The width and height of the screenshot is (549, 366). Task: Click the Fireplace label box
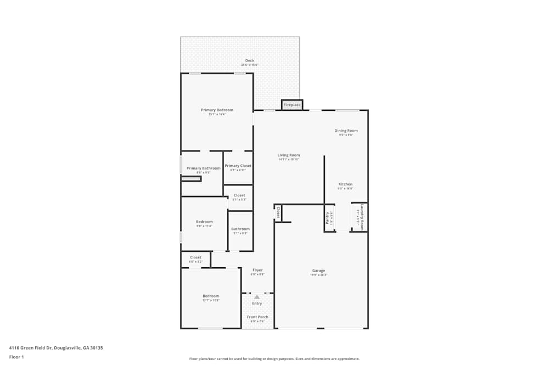[292, 105]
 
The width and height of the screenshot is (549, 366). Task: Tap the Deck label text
[250, 60]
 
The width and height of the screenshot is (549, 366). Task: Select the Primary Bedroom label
[217, 110]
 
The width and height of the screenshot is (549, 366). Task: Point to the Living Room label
[289, 155]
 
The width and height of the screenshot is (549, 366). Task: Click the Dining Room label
[346, 131]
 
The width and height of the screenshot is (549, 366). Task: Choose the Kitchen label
[345, 184]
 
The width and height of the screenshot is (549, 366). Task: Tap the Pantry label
[328, 218]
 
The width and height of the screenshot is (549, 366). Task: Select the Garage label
[318, 271]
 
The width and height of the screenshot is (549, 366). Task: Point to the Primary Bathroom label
[203, 168]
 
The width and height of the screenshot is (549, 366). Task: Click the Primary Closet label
[238, 166]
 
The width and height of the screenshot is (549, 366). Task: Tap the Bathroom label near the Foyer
[240, 229]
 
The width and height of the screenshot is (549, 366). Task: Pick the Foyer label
[257, 270]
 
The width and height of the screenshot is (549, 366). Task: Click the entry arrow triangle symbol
[256, 297]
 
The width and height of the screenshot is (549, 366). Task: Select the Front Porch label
[257, 317]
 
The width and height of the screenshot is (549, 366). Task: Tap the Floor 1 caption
[16, 357]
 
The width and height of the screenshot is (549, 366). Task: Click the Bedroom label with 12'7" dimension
[211, 296]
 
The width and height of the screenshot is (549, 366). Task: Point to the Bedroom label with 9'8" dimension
[204, 222]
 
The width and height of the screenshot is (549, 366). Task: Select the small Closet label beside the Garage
[278, 212]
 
